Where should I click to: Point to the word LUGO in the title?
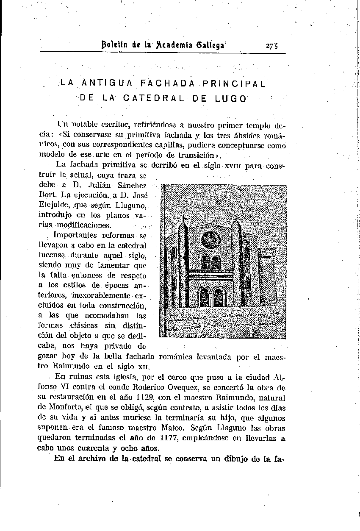point(230,99)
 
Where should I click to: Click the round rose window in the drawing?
point(210,240)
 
